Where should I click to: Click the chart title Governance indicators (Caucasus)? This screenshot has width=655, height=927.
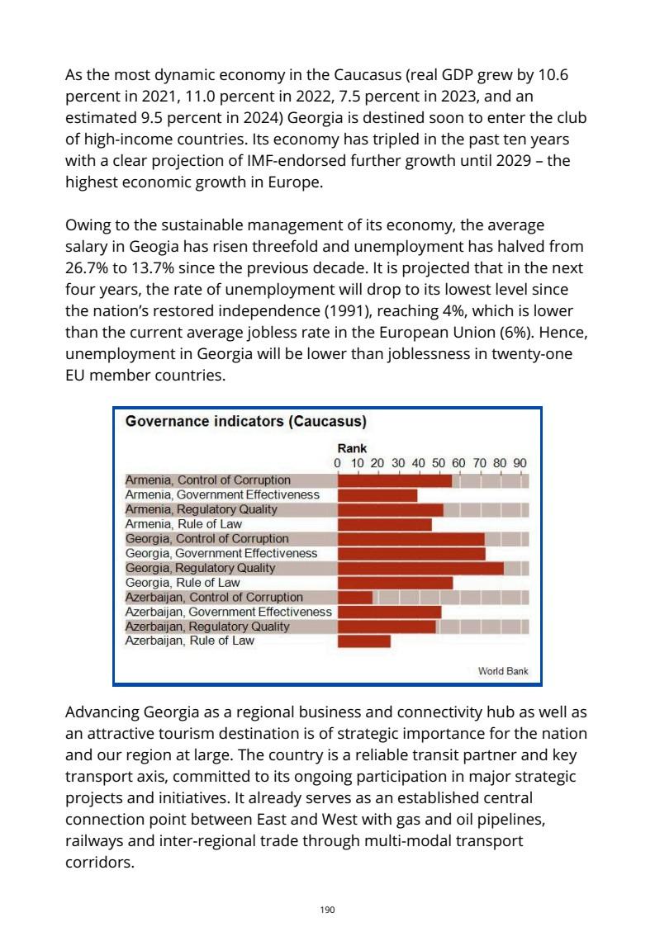245,422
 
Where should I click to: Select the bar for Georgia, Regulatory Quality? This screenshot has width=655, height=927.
420,568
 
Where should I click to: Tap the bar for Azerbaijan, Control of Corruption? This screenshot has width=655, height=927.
355,597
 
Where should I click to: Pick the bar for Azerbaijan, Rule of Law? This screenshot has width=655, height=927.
364,641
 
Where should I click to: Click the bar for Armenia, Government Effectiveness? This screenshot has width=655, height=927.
377,494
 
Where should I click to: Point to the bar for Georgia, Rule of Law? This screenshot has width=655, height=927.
395,583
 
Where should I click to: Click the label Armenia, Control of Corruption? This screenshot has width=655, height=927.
207,480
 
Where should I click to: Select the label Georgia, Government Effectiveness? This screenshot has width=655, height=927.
221,553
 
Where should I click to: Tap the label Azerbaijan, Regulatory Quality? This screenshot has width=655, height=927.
206,627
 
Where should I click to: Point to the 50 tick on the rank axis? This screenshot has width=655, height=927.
439,463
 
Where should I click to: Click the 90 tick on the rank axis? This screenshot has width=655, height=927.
520,463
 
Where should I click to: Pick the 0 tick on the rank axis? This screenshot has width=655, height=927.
338,463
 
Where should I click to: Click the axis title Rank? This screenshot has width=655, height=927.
352,449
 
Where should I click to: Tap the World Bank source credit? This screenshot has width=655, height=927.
502,671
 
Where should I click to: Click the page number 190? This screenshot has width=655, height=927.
327,910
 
